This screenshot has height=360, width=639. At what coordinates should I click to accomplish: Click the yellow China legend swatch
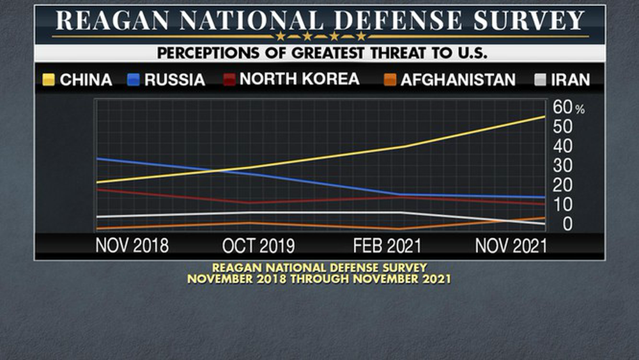point(49,80)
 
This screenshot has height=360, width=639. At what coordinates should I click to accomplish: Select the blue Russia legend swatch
point(133,80)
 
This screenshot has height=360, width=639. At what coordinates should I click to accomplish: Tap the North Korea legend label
point(299,79)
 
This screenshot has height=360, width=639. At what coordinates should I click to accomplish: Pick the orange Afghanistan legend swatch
point(390,80)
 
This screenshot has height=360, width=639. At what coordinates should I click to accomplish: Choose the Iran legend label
point(570,80)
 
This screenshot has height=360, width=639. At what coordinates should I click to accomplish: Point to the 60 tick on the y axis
point(562,107)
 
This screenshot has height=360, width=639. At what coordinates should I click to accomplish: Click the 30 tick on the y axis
point(562,166)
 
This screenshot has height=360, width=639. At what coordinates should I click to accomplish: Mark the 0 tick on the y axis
point(567,224)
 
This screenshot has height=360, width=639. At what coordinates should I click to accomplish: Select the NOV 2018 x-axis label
point(132,246)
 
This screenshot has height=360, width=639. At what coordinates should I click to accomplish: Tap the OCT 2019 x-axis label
point(258,246)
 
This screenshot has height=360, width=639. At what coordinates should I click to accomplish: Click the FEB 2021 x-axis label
point(387,246)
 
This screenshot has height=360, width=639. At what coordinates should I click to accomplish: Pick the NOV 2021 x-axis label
point(511,246)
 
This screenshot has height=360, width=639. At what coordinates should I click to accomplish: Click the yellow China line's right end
point(544,116)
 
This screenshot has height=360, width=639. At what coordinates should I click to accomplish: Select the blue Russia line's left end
point(96,159)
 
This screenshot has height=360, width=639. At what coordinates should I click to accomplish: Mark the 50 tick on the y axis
point(562,127)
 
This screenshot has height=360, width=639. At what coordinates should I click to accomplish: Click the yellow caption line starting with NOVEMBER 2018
point(319,279)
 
